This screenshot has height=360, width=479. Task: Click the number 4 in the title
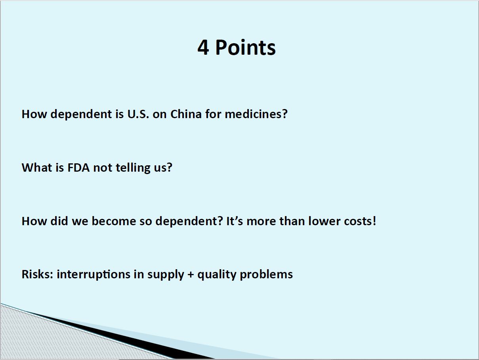[x=203, y=47]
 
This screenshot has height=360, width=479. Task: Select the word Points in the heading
[x=246, y=47]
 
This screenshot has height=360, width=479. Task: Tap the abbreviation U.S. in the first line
[x=138, y=114]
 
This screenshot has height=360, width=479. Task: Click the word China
[x=186, y=114]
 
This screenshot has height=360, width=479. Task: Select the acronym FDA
[x=78, y=168]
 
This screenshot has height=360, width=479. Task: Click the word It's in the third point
[x=235, y=221]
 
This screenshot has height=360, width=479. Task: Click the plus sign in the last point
[x=191, y=275]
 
